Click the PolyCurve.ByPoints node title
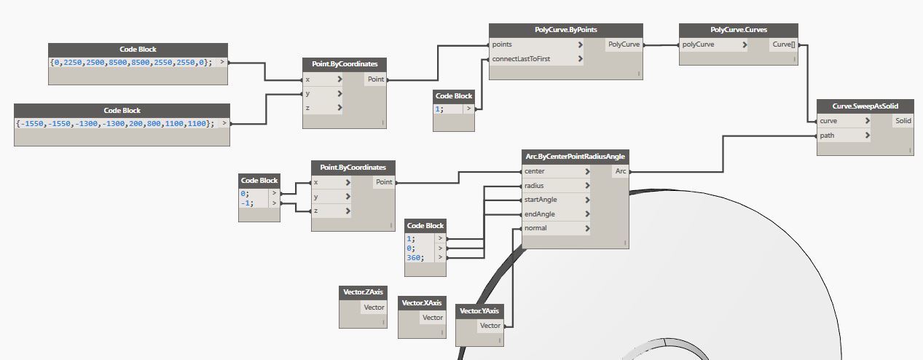coord(565,30)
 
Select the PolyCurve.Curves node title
coord(739,30)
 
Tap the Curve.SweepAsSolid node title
coord(865,106)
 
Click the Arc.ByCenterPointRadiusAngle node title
coord(575,156)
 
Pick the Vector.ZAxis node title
coord(363,292)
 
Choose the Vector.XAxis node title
coord(422,302)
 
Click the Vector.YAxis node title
coord(479,311)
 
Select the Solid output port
coord(903,120)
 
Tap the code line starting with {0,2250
coord(131,63)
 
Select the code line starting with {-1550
coord(116,124)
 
